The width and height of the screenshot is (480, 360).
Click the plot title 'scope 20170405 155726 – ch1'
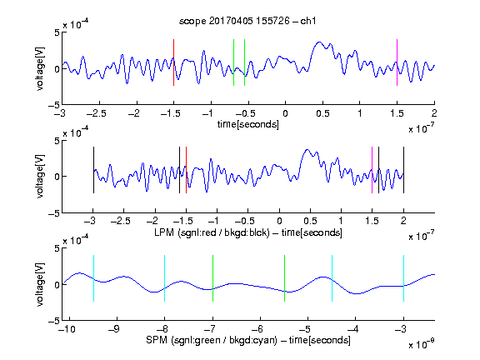(247, 21)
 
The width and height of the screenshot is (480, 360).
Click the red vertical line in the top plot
(173, 62)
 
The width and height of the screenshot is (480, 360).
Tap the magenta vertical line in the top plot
(397, 62)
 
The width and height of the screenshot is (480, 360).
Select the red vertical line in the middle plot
(186, 170)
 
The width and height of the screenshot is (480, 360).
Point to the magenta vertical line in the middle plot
(372, 170)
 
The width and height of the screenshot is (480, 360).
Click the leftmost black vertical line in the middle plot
(93, 170)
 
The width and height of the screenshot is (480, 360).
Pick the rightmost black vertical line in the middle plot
(403, 170)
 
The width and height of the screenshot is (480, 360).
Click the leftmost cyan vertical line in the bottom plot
(93, 278)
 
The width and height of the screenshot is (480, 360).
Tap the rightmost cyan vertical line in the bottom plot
(403, 278)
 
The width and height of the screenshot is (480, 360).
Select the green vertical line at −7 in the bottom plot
(212, 278)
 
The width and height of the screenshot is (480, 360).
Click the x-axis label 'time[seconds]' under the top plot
(248, 124)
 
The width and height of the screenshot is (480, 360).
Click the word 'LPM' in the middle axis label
(164, 232)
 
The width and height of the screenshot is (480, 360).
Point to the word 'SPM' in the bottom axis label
(157, 340)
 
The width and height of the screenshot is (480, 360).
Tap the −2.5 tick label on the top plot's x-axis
(96, 113)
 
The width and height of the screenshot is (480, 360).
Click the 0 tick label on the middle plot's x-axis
(279, 221)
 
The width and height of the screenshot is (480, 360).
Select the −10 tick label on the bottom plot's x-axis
(67, 329)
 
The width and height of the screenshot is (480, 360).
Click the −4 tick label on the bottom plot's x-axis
(353, 329)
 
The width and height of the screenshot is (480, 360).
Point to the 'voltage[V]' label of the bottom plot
(40, 284)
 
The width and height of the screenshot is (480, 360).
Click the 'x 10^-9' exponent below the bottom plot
(422, 344)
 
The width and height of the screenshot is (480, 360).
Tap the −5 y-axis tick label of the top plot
(54, 105)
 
